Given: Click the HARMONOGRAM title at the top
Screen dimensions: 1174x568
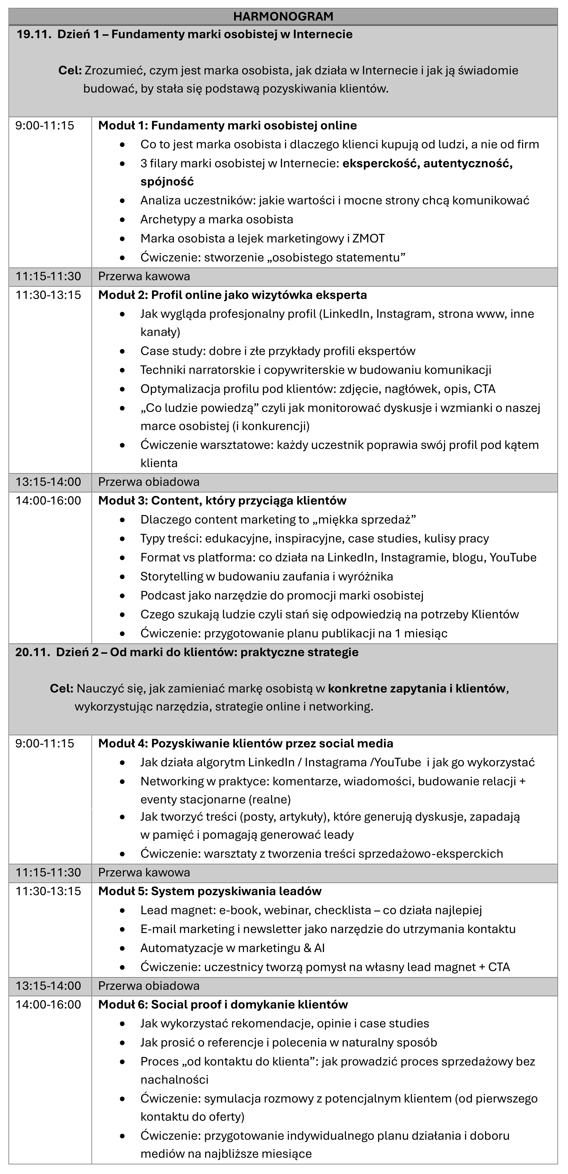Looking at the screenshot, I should click(x=283, y=16).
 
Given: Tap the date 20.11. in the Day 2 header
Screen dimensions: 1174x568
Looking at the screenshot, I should click(x=32, y=652).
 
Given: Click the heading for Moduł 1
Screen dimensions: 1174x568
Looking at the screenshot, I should click(x=227, y=125).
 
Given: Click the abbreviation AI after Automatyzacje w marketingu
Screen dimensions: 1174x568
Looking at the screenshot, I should click(x=319, y=948).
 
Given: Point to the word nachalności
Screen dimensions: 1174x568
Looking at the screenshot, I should click(x=174, y=1079).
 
